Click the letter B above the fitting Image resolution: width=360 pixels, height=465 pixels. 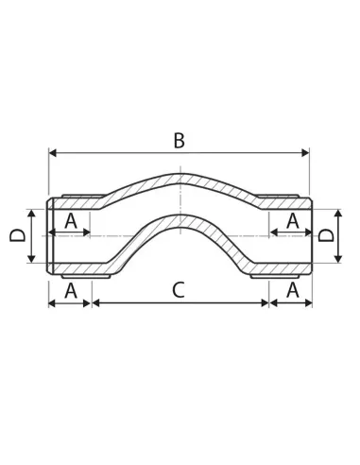[180, 141]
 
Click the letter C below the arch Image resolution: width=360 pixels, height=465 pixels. [179, 290]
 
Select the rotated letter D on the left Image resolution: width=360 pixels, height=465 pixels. [18, 235]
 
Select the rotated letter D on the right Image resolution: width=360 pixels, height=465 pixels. [326, 235]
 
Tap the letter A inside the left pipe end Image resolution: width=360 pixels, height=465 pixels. [71, 221]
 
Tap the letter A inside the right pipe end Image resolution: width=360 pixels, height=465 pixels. [293, 221]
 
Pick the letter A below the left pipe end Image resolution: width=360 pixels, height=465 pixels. [71, 290]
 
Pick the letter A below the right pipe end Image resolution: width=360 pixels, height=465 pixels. [293, 290]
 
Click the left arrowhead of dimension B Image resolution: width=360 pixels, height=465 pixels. [53, 153]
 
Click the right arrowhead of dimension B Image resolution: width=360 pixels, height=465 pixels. [305, 153]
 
